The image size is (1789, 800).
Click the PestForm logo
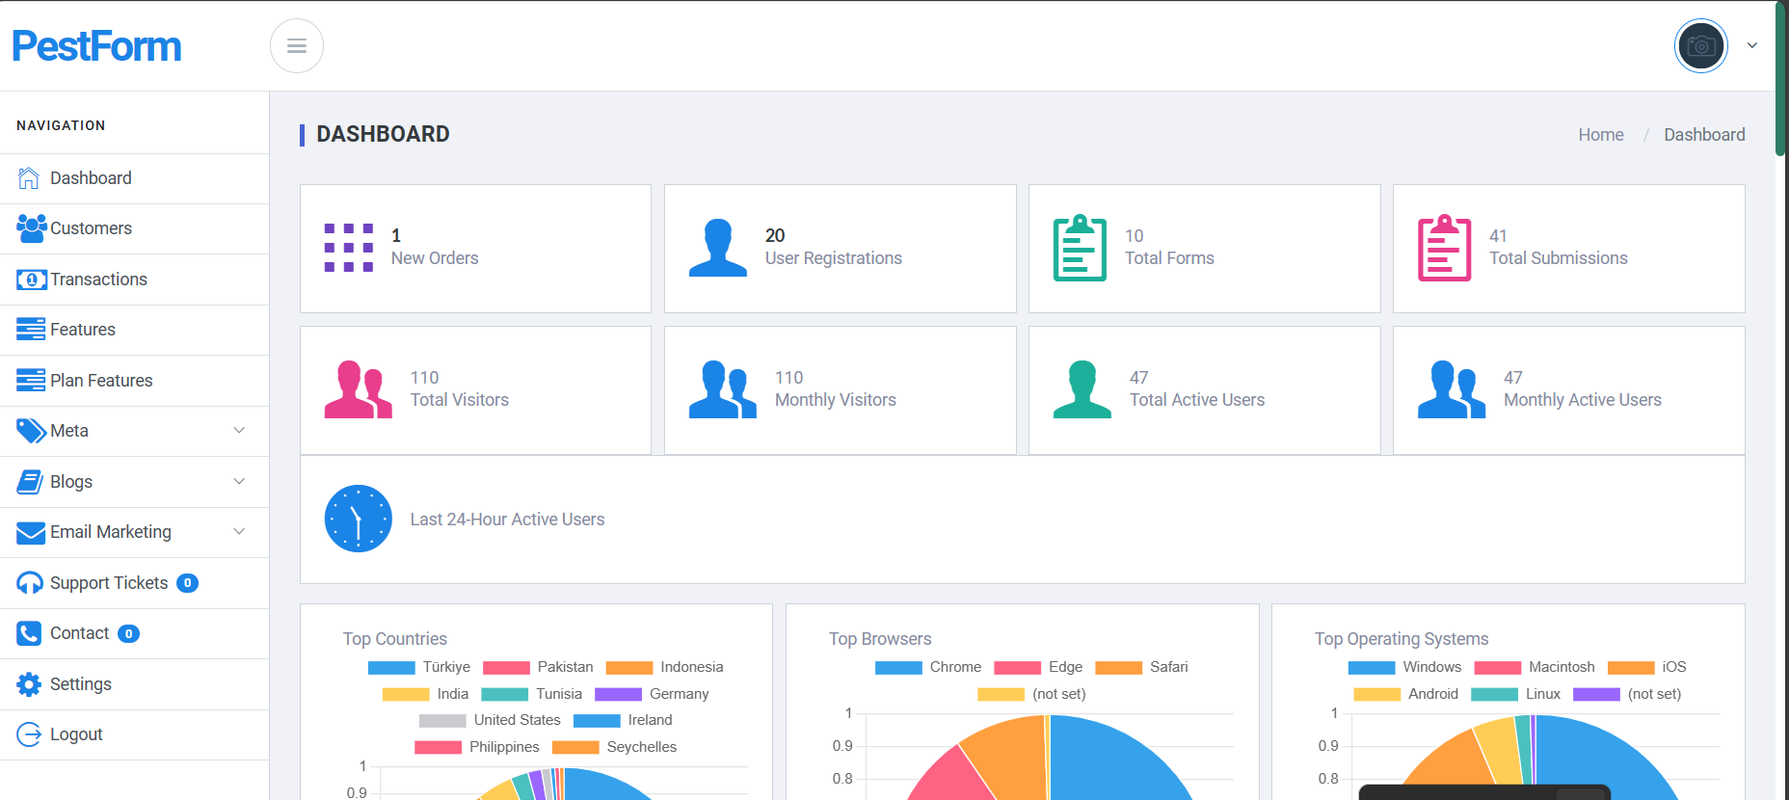(96, 46)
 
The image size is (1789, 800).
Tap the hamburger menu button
(297, 46)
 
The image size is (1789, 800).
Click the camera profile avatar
(1701, 45)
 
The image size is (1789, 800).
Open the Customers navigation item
(91, 228)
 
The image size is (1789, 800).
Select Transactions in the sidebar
(98, 280)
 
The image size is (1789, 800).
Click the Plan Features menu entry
(101, 381)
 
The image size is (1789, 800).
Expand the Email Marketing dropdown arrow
(239, 531)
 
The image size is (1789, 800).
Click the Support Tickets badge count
(188, 583)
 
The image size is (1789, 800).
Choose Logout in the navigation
(76, 734)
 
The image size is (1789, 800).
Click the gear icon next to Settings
(29, 684)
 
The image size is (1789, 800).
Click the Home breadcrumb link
(1601, 135)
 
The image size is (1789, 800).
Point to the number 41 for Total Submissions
(1498, 236)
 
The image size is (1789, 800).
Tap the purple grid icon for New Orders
(349, 248)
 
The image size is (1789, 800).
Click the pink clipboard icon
(1444, 248)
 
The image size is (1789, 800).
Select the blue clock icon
(359, 519)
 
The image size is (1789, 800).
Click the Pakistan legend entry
(538, 667)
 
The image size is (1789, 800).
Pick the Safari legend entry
(1142, 667)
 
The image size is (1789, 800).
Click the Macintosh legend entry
(1535, 667)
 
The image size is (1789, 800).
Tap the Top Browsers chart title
(880, 639)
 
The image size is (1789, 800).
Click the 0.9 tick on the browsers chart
(842, 746)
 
